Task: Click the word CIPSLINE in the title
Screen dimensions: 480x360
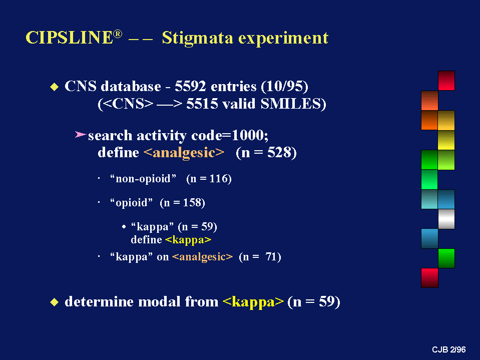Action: pos(70,38)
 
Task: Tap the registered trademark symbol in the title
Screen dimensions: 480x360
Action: pos(118,34)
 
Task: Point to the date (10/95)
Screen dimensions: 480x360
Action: pos(285,87)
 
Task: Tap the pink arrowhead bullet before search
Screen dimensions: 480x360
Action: pos(80,134)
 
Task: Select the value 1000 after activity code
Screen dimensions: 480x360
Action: pos(249,135)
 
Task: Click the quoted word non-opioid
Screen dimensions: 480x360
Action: pos(143,178)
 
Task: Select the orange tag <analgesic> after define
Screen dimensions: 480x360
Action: pos(184,152)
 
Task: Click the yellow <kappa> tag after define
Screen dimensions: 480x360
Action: pos(188,240)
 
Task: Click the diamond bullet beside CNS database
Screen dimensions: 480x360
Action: pos(54,87)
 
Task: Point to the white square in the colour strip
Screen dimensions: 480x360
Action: pos(446,219)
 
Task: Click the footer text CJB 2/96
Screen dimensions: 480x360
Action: pos(449,349)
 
